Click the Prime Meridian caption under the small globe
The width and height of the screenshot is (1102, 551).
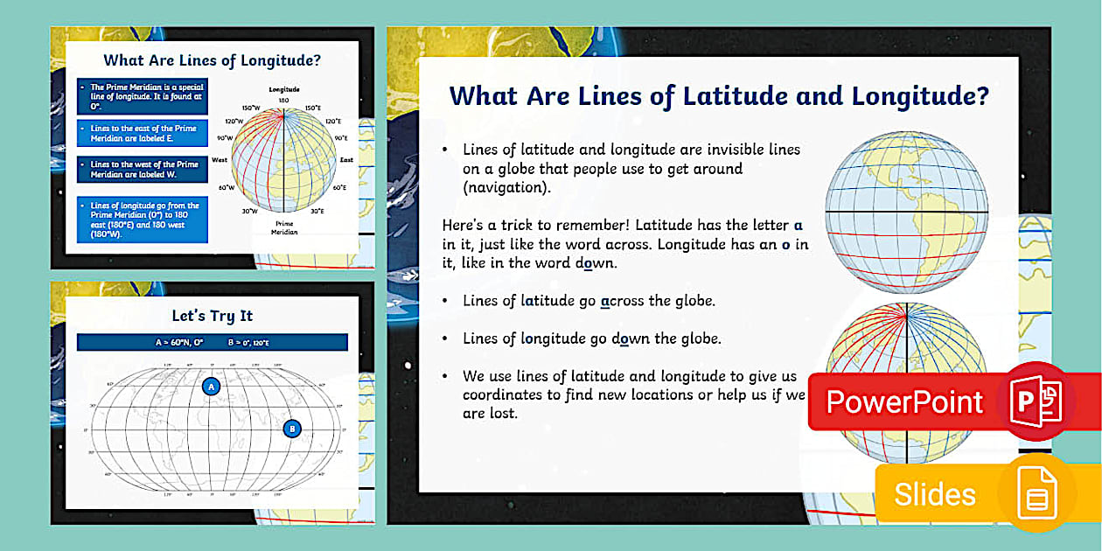pos(284,227)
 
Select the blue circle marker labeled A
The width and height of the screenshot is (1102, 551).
pos(210,386)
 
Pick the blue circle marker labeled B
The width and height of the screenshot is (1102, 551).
pos(292,429)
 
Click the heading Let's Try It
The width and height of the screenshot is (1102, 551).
pos(212,316)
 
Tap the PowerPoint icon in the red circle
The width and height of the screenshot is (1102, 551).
pos(1036,401)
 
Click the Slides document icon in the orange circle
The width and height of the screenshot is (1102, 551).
pos(1036,495)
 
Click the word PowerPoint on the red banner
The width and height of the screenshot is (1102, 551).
pos(904,401)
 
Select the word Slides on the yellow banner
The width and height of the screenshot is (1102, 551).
pos(934,495)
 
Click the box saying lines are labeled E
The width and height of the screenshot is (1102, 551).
pos(142,133)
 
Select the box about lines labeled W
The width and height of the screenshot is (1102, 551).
pos(142,169)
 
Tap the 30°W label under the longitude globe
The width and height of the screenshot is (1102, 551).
pos(249,211)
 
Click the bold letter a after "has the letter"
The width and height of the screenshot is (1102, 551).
pos(798,226)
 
